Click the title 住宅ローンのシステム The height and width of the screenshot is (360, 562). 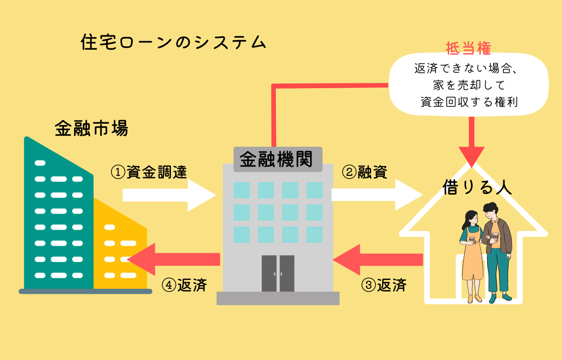(x=173, y=43)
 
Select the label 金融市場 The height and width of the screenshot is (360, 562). (x=91, y=128)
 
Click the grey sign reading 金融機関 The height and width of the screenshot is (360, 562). (x=278, y=159)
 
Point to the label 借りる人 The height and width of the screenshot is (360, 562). (x=477, y=187)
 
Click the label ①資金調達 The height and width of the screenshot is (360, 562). (x=149, y=172)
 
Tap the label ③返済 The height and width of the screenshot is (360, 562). (x=384, y=285)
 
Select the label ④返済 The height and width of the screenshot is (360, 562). (x=184, y=285)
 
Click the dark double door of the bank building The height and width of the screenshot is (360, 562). (x=278, y=273)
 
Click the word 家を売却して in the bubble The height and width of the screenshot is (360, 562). (x=468, y=85)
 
